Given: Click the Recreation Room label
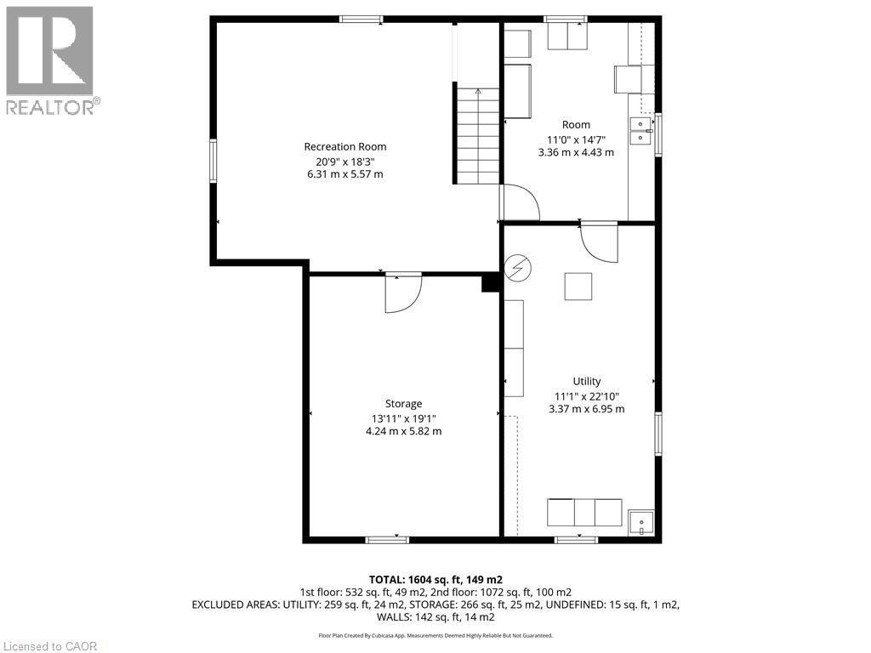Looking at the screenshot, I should [x=345, y=146].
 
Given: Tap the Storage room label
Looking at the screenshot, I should [x=403, y=404].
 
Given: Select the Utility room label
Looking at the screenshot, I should [x=586, y=382].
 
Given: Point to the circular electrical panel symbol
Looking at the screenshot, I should [x=517, y=270].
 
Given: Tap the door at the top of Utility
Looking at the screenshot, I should [x=600, y=241].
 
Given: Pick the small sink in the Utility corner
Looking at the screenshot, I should [x=640, y=522].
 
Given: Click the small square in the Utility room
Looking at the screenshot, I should [x=578, y=287].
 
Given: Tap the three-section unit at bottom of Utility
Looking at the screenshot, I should [x=584, y=513].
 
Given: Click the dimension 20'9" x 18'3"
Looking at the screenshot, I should [x=345, y=161].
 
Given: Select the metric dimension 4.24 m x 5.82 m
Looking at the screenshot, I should [x=403, y=431].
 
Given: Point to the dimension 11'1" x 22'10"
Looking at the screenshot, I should [x=586, y=395].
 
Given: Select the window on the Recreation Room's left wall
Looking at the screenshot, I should [x=213, y=162].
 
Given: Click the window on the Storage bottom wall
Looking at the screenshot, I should [x=387, y=539].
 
